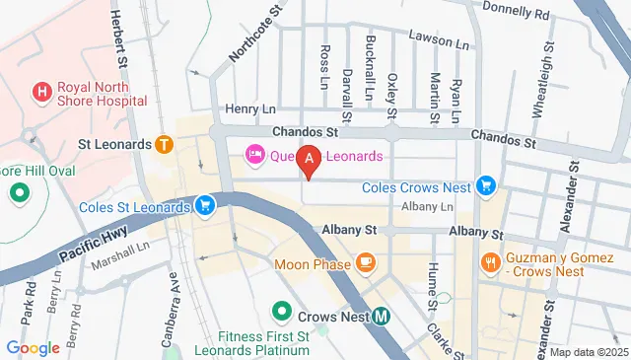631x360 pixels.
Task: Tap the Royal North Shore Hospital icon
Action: tap(42, 94)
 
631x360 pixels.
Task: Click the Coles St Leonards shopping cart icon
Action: tap(205, 206)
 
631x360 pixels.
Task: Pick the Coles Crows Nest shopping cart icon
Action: tap(485, 184)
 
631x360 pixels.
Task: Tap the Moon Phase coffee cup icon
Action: tap(366, 262)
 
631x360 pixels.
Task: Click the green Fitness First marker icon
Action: tap(282, 314)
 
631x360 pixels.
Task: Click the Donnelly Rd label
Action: tap(516, 12)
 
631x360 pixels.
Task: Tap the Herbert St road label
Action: tap(120, 39)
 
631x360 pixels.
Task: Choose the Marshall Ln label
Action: tap(119, 264)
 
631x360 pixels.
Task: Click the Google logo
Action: tap(33, 347)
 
